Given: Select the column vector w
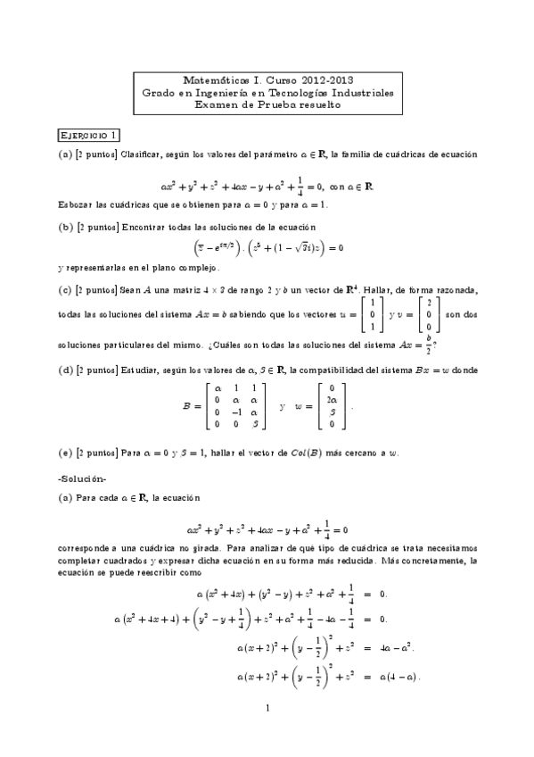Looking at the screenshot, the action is click(332, 406).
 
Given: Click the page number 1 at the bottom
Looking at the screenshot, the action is click(267, 710).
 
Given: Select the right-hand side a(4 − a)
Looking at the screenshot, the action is click(393, 676).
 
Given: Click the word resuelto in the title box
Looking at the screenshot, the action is click(317, 104).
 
